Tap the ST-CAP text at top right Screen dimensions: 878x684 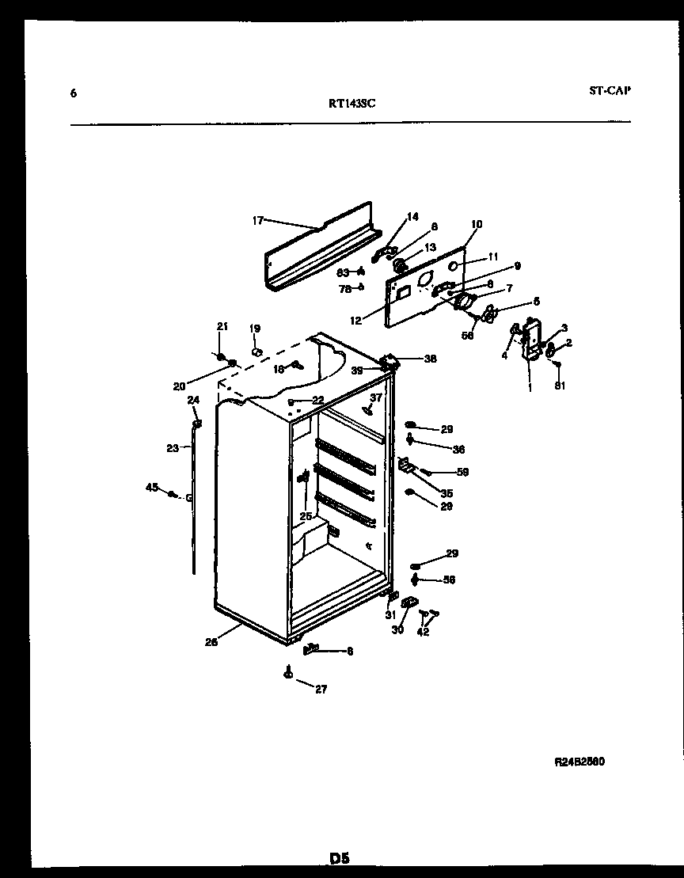610,90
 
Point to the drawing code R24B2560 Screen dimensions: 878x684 579,762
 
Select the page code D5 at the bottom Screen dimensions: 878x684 340,858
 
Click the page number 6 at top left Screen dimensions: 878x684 74,94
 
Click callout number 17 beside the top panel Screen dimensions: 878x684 257,221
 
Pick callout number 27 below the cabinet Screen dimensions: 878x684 320,690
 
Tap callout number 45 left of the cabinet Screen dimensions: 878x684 152,487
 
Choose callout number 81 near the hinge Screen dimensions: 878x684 561,386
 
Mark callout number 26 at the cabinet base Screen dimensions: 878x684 211,642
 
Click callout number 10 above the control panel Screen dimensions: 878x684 476,224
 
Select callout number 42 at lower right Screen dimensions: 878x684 423,633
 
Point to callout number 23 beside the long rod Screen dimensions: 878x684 173,448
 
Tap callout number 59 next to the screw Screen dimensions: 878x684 462,472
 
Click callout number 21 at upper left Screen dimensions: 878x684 222,326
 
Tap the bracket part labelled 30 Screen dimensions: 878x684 409,603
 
